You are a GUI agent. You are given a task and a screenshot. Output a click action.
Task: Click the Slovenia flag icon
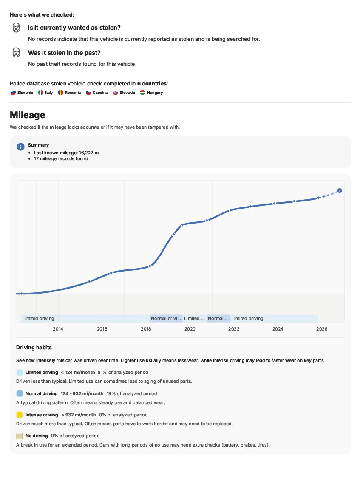pos(13,93)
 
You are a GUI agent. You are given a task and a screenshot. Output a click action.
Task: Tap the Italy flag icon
pos(40,93)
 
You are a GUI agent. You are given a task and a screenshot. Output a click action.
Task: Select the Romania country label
pos(73,93)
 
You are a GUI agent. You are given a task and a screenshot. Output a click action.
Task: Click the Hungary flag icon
pos(142,93)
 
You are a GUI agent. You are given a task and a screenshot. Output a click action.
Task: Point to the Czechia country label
pos(100,93)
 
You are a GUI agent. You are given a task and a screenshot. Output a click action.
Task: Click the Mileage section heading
pos(28,115)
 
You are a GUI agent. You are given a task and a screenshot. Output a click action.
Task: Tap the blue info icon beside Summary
pos(20,147)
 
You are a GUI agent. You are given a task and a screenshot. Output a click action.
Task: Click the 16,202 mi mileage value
pos(89,153)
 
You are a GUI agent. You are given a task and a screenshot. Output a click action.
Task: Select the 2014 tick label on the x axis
pos(58,329)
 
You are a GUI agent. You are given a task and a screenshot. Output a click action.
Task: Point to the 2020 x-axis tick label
pos(190,329)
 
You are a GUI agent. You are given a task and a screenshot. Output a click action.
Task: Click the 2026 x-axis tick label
pos(322,329)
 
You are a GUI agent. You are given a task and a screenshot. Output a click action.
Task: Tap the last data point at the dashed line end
pos(340,190)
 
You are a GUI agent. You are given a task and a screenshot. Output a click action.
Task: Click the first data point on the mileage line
pos(22,294)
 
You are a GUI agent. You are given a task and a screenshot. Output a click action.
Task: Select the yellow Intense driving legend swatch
pos(19,415)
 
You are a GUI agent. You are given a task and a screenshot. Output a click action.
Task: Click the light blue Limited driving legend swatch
pos(19,372)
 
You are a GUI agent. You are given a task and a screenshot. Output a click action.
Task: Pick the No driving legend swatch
pos(19,436)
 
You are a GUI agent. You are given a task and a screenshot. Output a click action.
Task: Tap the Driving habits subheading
pos(34,348)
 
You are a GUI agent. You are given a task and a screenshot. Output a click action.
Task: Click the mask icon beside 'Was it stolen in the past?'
pos(16,52)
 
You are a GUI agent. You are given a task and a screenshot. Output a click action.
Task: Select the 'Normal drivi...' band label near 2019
pos(166,318)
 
